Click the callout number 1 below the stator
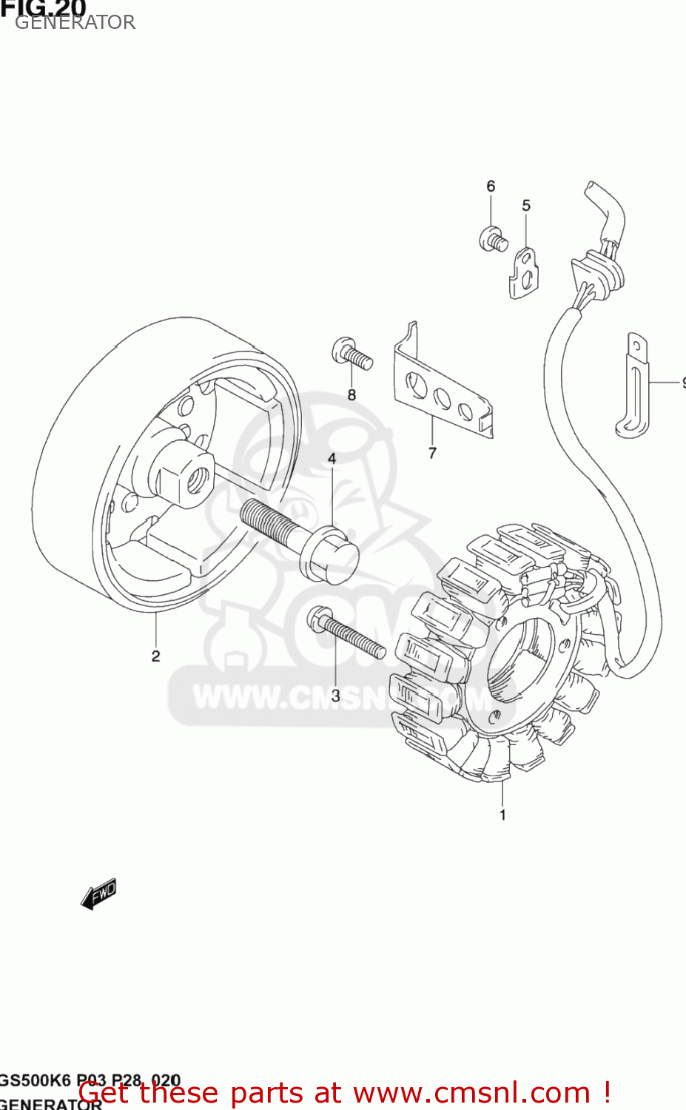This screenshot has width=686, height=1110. [502, 815]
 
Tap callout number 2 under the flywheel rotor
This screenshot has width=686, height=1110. [155, 656]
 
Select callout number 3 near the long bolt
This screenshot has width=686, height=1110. [335, 696]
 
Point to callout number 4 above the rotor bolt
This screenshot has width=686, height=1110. [332, 459]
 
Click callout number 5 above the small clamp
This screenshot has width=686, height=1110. [526, 206]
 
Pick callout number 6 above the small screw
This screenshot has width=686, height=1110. [491, 186]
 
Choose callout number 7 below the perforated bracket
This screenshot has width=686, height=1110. [432, 453]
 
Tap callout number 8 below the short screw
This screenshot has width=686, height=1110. [352, 395]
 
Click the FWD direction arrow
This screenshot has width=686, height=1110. [99, 893]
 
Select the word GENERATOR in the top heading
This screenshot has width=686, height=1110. [75, 22]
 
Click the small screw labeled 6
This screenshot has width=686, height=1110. [492, 239]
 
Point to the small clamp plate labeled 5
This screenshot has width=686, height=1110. [524, 274]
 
